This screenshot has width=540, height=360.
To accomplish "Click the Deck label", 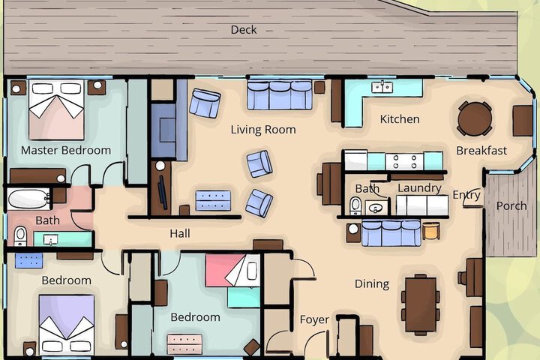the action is pyautogui.click(x=244, y=30).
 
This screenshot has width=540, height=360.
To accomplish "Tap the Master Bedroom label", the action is pyautogui.click(x=66, y=150).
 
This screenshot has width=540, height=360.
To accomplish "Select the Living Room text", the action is pyautogui.click(x=263, y=130).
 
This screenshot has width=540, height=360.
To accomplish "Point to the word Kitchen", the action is pyautogui.click(x=400, y=119).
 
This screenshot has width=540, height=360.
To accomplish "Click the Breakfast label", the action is pyautogui.click(x=481, y=151).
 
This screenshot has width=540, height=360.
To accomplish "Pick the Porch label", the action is pyautogui.click(x=511, y=206).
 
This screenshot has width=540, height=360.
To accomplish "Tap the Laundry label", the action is pyautogui.click(x=419, y=188).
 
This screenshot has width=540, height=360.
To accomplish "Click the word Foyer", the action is pyautogui.click(x=314, y=319).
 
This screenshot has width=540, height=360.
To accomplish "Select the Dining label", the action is pyautogui.click(x=372, y=283).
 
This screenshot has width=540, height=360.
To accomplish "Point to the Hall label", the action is pyautogui.click(x=180, y=233).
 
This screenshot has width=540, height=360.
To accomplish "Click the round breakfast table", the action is pyautogui.click(x=475, y=118).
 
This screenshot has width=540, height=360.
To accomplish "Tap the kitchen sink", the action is pyautogui.click(x=382, y=86).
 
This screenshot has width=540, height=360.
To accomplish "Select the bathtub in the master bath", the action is pyautogui.click(x=29, y=199).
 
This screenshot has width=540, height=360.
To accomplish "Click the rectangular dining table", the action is pyautogui.click(x=421, y=304).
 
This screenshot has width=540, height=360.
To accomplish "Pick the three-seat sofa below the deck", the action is pyautogui.click(x=280, y=95).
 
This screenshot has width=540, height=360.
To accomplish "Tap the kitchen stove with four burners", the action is pyautogui.click(x=404, y=161).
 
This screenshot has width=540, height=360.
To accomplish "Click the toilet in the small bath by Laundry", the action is pyautogui.click(x=355, y=206).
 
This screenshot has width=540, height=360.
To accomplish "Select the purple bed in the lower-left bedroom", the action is pyautogui.click(x=67, y=325).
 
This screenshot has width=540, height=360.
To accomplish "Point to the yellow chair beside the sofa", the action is pyautogui.click(x=431, y=230).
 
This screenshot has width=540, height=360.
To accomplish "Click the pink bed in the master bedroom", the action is pyautogui.click(x=56, y=109).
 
